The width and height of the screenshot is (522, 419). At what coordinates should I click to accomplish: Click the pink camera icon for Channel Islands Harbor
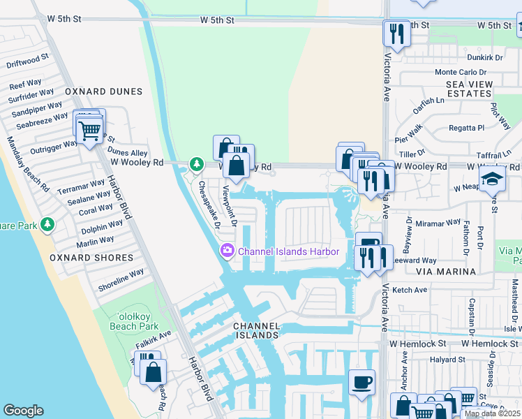point(228,251)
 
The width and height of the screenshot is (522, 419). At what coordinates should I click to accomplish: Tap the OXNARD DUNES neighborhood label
point(103,91)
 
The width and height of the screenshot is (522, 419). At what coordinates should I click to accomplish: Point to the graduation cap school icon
point(492,179)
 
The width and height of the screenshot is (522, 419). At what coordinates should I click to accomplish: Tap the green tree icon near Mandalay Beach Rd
point(47,225)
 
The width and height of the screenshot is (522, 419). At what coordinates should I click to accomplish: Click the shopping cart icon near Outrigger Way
point(89,129)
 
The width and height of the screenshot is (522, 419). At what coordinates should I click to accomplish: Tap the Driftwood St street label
point(27,61)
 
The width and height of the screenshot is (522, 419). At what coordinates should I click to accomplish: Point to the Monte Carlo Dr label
point(459,72)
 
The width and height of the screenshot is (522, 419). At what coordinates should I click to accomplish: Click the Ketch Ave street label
point(410,289)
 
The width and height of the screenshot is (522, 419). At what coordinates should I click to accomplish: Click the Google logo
point(23,411)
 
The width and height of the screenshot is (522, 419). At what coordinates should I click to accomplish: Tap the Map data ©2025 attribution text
point(492,413)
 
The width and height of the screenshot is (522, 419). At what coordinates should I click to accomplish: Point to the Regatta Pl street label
point(467,128)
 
